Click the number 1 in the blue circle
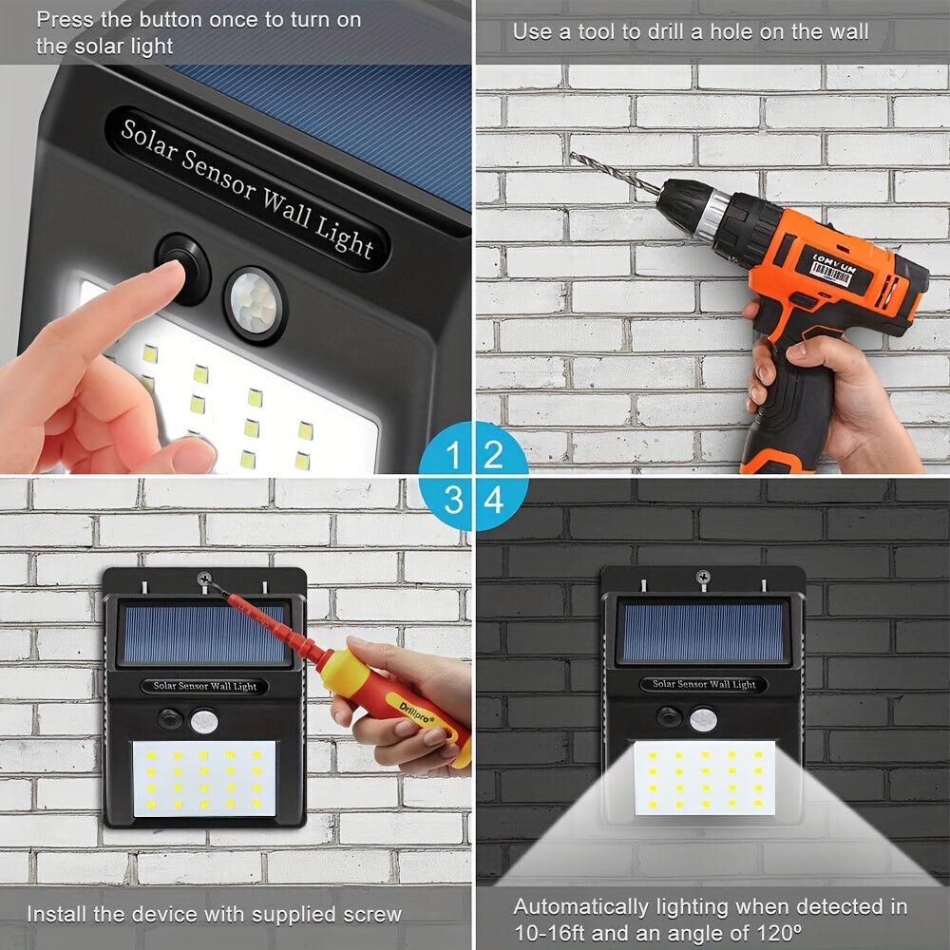[x=453, y=454]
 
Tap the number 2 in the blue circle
[x=493, y=454]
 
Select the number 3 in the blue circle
[x=454, y=500]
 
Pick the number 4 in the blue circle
[x=494, y=501]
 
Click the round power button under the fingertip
[x=182, y=268]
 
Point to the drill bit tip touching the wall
[x=572, y=156]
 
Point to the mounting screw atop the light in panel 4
[x=703, y=577]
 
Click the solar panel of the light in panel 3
[x=204, y=634]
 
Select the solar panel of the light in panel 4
[x=703, y=632]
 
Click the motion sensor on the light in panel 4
[x=702, y=719]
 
